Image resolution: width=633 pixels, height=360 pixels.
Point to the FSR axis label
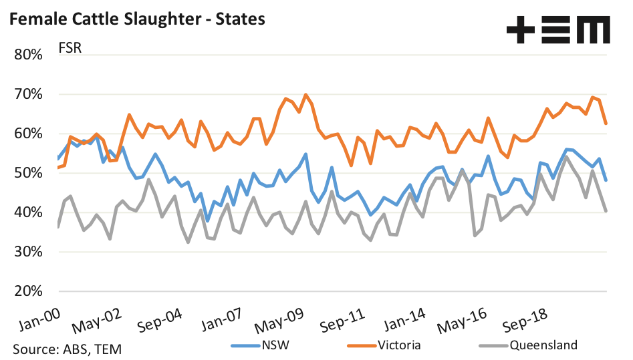click(70, 49)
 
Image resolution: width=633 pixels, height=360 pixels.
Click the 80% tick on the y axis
click(28, 55)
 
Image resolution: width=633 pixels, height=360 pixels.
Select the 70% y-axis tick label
click(28, 94)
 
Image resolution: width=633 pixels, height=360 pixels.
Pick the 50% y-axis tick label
click(28, 173)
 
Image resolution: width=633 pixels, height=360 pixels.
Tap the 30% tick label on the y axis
click(28, 252)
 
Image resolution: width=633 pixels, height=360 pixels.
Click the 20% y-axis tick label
click(28, 292)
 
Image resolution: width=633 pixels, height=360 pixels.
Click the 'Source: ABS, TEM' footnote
click(67, 349)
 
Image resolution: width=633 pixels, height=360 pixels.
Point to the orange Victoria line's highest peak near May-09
click(306, 95)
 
